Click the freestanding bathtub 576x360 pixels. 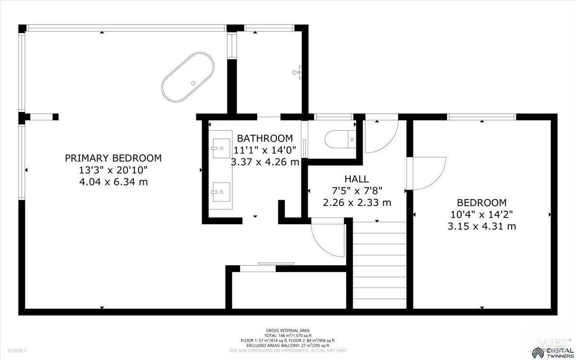(x=188, y=77)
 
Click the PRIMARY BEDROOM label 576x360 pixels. (x=113, y=158)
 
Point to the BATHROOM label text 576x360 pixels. (x=264, y=138)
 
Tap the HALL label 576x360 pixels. (x=357, y=179)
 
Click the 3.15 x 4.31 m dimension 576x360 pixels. (x=481, y=226)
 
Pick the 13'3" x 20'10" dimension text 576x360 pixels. (x=113, y=170)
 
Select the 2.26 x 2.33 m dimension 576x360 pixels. (x=357, y=203)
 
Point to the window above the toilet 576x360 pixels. (x=334, y=116)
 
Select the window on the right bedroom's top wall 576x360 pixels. (x=481, y=116)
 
